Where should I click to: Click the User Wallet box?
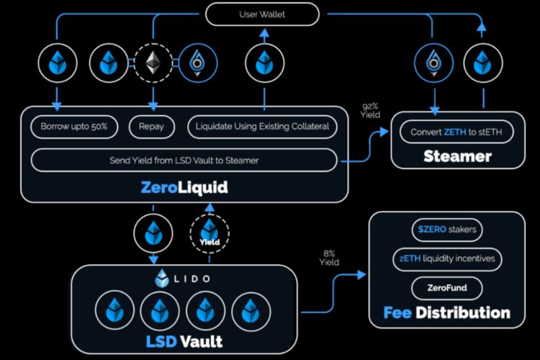(x=262, y=14)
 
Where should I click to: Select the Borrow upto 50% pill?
(x=70, y=127)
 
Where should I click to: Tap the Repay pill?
(x=151, y=127)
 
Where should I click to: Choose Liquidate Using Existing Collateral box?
(x=262, y=127)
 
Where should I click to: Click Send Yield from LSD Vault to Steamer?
(x=184, y=160)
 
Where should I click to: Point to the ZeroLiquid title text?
(x=185, y=188)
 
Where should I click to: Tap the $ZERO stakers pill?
(x=447, y=230)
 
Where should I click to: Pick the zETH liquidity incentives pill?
(x=447, y=259)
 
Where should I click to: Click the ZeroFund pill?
(x=447, y=289)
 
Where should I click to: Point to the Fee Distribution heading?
(x=447, y=313)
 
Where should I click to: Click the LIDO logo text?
(x=184, y=278)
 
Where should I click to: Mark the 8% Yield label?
(x=329, y=257)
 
